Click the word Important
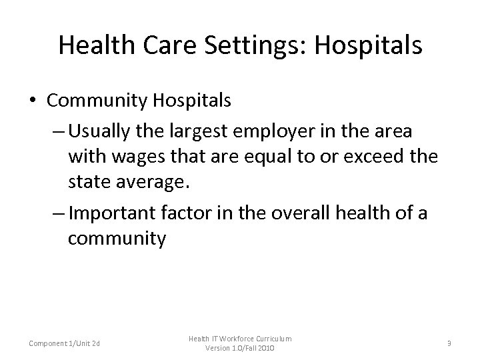coord(113,213)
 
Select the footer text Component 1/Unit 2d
coord(65,343)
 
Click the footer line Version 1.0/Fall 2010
coord(240,349)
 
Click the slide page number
coord(449,344)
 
